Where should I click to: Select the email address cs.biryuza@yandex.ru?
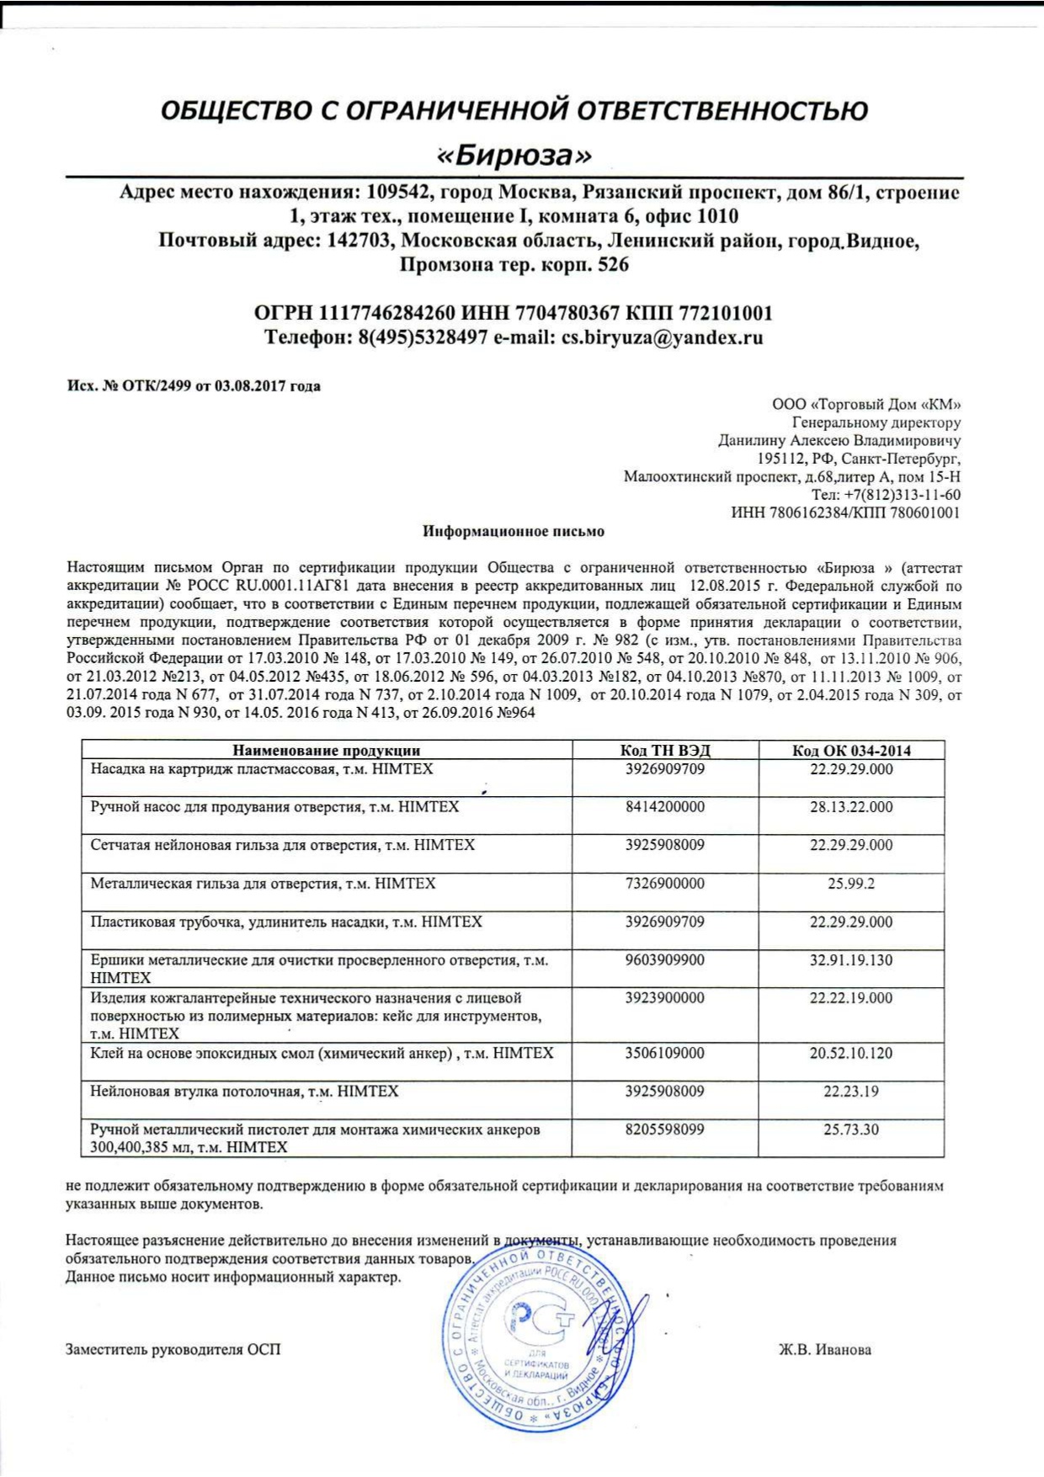(x=662, y=338)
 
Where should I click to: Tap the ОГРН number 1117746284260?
(x=387, y=314)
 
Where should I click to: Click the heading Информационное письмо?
(x=514, y=532)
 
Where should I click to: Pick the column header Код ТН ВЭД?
(x=665, y=751)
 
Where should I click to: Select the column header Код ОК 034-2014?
(x=851, y=751)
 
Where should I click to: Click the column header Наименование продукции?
(x=327, y=751)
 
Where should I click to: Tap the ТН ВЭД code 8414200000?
(x=665, y=807)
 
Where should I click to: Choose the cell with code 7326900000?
(x=665, y=884)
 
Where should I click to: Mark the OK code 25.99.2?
(x=851, y=884)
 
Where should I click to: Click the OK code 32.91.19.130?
(x=851, y=960)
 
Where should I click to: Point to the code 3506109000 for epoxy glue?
(x=665, y=1054)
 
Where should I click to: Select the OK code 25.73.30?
(x=851, y=1129)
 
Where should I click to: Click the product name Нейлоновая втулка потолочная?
(x=244, y=1092)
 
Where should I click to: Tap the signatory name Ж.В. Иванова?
(x=825, y=1350)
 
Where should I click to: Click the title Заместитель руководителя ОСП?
(x=173, y=1350)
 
